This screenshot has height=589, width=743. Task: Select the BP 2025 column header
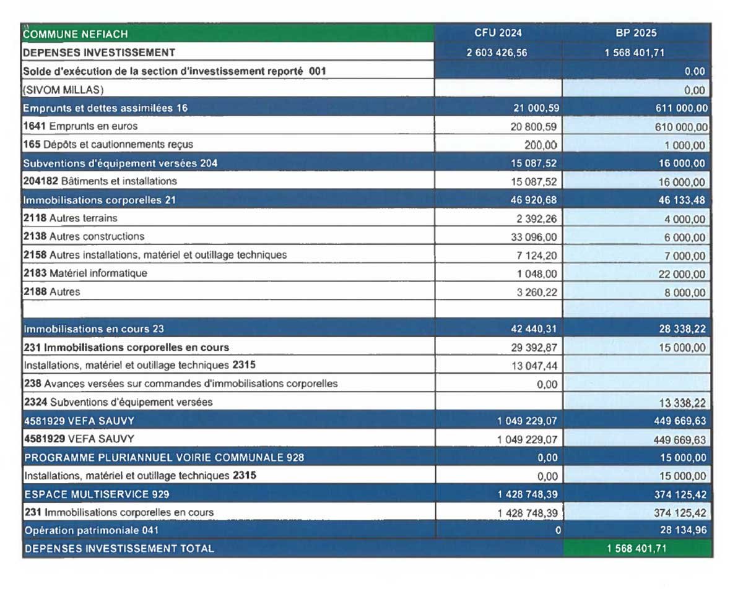point(636,33)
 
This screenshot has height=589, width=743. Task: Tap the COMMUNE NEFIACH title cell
point(76,35)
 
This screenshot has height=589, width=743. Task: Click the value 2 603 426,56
point(497,53)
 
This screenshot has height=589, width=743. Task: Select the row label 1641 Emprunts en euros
point(80,126)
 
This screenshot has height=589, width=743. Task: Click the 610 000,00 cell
point(679,127)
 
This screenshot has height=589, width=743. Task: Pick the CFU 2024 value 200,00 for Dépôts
point(542,145)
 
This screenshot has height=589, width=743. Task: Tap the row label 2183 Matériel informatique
point(85,273)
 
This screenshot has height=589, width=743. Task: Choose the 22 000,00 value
point(682,274)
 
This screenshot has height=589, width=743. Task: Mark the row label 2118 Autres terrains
point(70,218)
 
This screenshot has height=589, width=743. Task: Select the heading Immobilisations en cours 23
point(93,329)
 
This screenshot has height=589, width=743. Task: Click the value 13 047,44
point(534,366)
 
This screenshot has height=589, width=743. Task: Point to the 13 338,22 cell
point(682,403)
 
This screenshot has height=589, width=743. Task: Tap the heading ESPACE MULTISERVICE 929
point(97,494)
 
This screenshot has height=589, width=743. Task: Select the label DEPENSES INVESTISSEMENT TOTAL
point(119,548)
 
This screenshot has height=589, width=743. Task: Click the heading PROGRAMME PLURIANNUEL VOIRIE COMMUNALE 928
point(163,458)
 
